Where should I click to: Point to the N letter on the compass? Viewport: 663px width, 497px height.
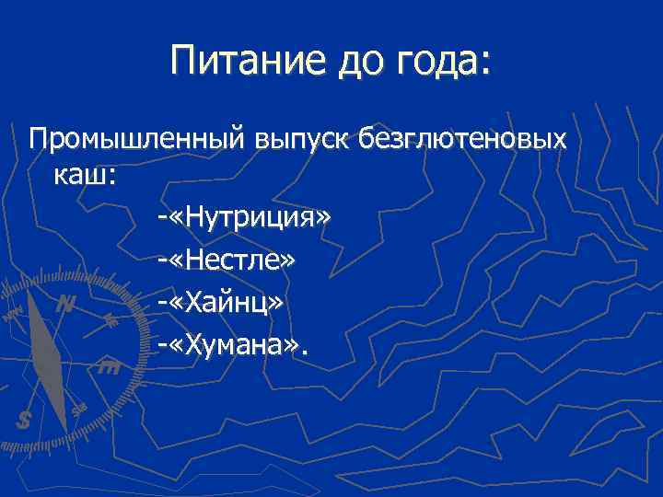pos(64,304)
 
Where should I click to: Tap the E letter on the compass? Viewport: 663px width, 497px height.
pos(108,368)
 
